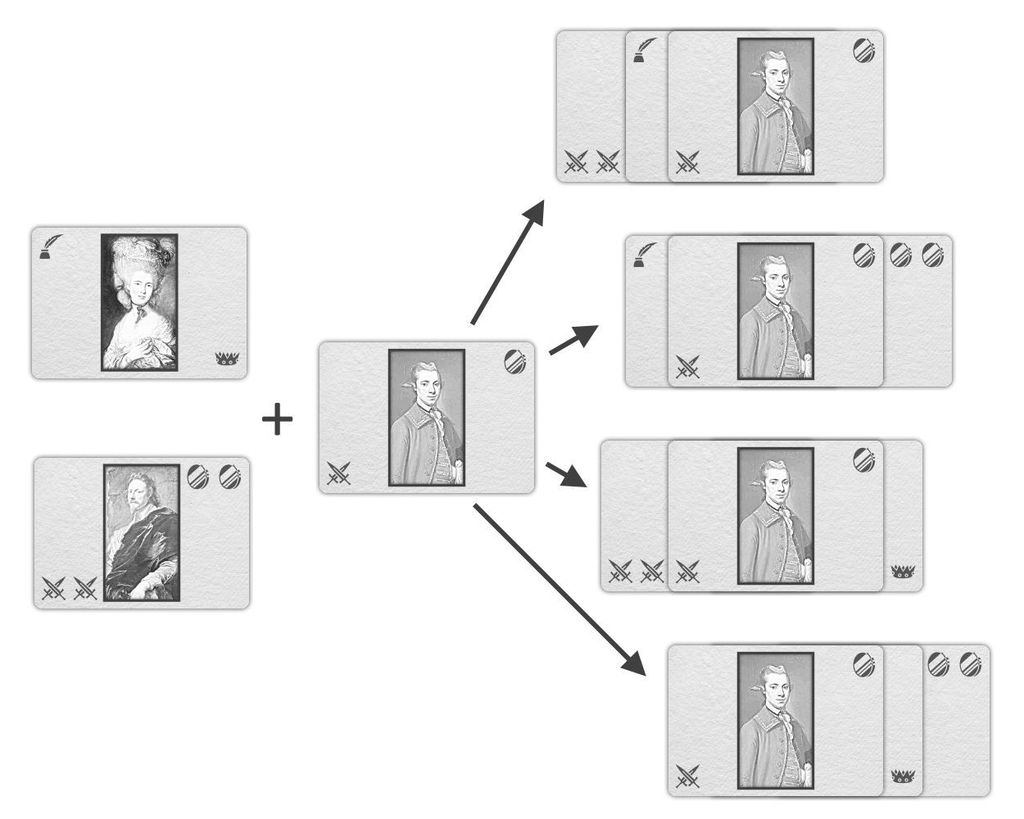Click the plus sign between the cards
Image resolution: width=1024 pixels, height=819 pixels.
tap(277, 420)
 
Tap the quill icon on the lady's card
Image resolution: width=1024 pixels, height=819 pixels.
tap(50, 246)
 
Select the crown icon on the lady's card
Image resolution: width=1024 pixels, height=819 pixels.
tap(226, 359)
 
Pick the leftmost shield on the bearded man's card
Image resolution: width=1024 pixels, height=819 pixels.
tap(198, 477)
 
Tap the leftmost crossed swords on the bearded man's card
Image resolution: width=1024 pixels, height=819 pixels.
tap(54, 589)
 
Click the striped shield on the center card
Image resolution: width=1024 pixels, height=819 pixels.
tap(515, 361)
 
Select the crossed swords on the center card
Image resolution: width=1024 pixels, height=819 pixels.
tap(339, 473)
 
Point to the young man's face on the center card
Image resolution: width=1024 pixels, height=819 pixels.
tap(427, 385)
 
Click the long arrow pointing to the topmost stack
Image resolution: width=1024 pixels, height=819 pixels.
tap(507, 262)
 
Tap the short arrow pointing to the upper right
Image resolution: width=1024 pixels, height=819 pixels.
tap(572, 339)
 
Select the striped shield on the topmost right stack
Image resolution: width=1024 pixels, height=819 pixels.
tap(863, 50)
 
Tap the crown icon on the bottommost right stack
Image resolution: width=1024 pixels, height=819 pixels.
tap(904, 775)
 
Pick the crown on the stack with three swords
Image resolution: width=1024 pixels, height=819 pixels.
tap(903, 571)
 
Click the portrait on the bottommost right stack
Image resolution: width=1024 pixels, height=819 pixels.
tap(775, 720)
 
